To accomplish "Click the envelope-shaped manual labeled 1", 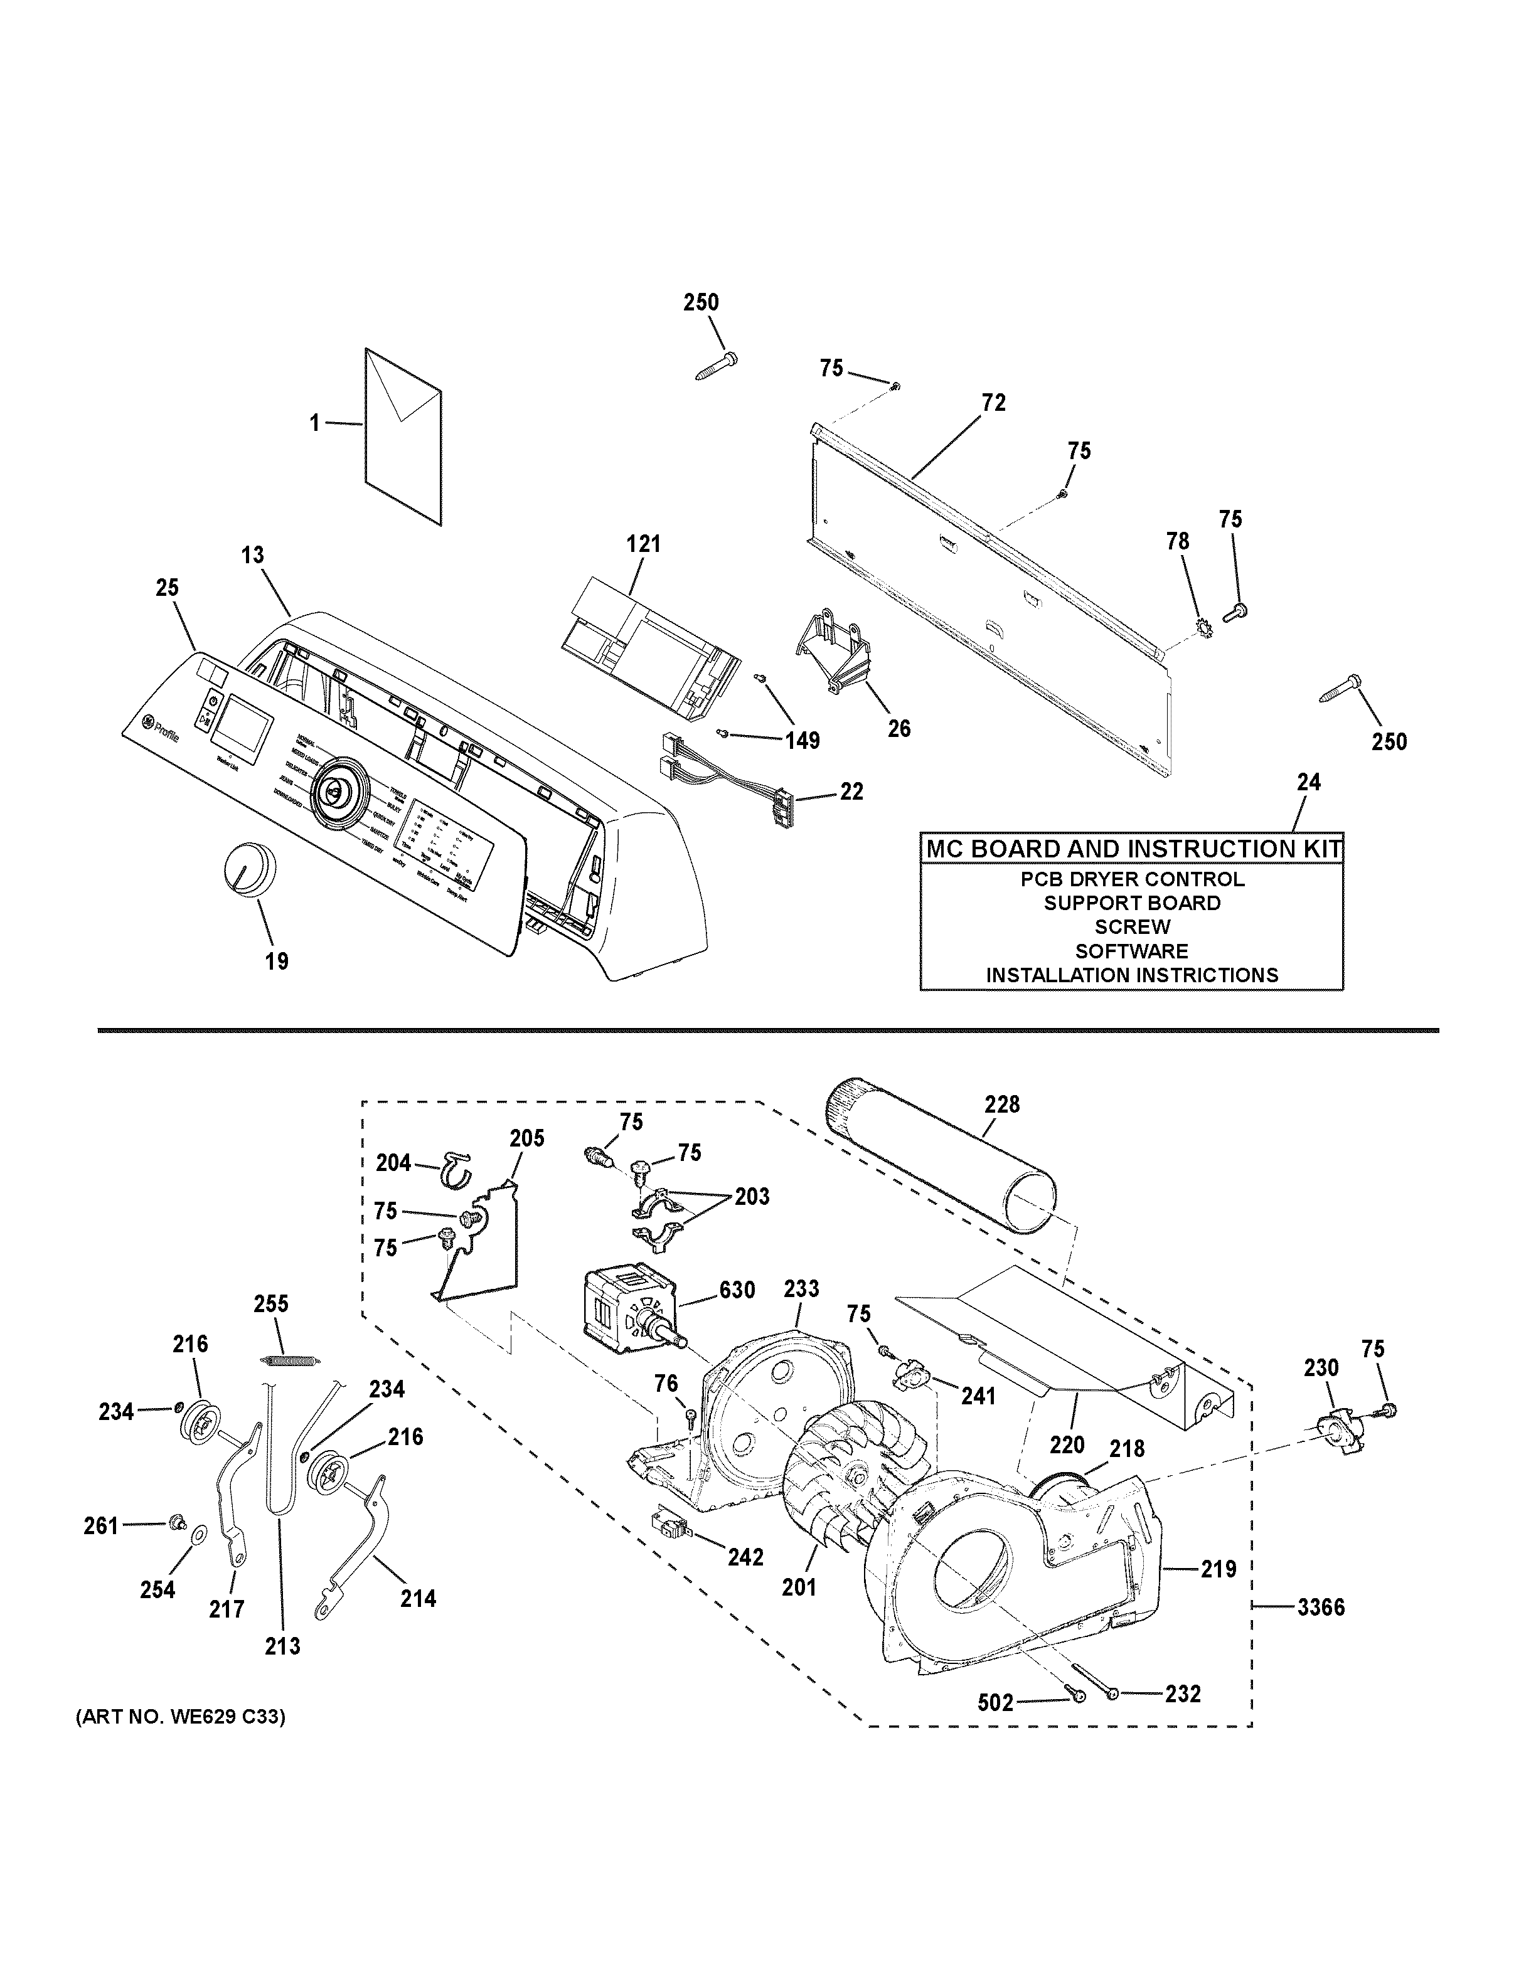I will click(x=403, y=437).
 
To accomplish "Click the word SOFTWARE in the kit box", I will click(x=1131, y=951).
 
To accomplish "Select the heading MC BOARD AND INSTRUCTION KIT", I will click(x=1131, y=849).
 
